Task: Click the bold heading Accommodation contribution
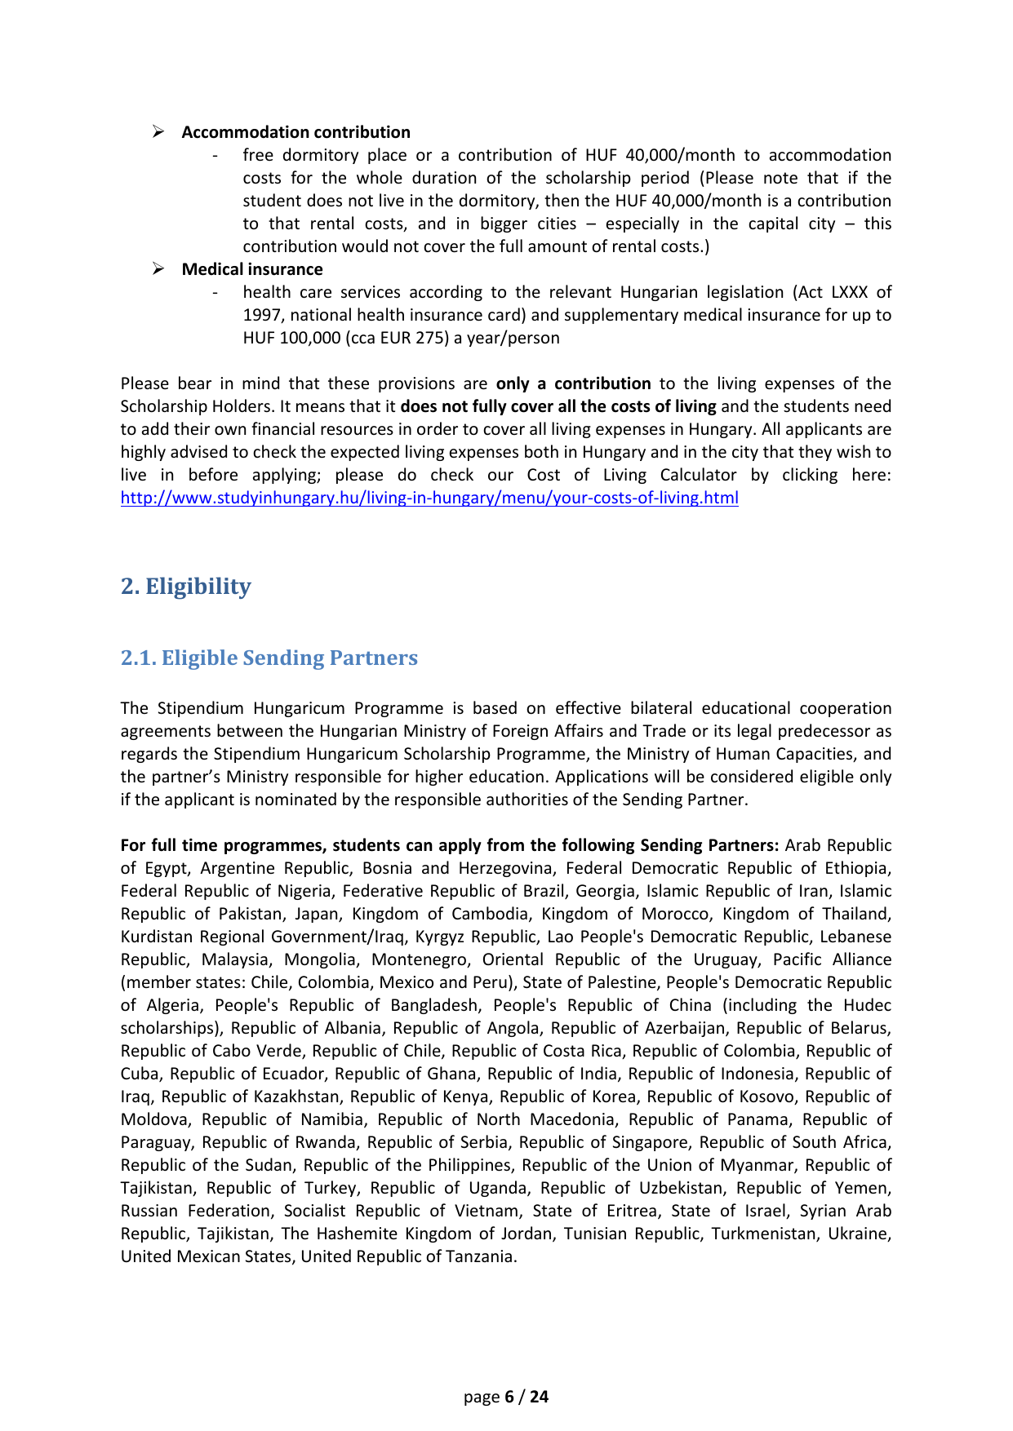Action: click(x=295, y=132)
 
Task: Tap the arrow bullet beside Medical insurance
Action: click(x=159, y=269)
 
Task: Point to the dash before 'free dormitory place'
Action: click(x=214, y=156)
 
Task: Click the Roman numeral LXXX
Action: click(x=850, y=292)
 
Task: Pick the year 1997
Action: click(x=261, y=315)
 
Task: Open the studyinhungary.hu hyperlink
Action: click(x=429, y=498)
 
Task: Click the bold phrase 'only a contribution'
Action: click(x=573, y=383)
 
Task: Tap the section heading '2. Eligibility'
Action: click(x=186, y=586)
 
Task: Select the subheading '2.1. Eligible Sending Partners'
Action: click(x=269, y=658)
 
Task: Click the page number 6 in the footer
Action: click(x=509, y=1397)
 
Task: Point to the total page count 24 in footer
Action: click(x=540, y=1397)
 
